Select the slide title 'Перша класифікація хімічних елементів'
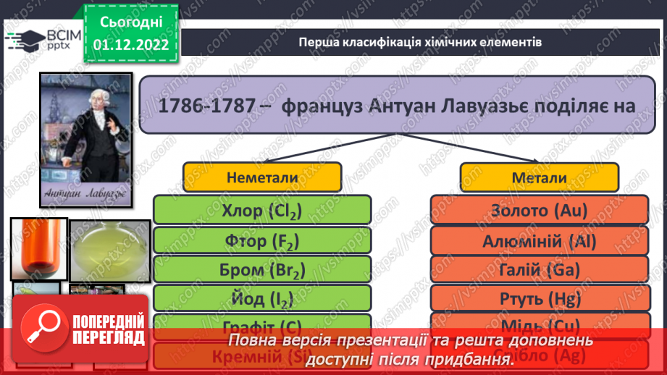(419, 43)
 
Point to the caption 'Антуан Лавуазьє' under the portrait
(83, 194)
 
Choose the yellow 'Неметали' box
(261, 177)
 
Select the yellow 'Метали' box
(540, 177)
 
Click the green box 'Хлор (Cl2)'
(261, 211)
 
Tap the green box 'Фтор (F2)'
(261, 240)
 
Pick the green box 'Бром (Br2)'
(261, 269)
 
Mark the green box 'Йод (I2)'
(261, 298)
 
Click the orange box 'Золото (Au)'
(540, 211)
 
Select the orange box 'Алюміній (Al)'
(540, 240)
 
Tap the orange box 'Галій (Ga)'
(540, 269)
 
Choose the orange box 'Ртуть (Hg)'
(540, 298)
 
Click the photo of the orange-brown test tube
(38, 248)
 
